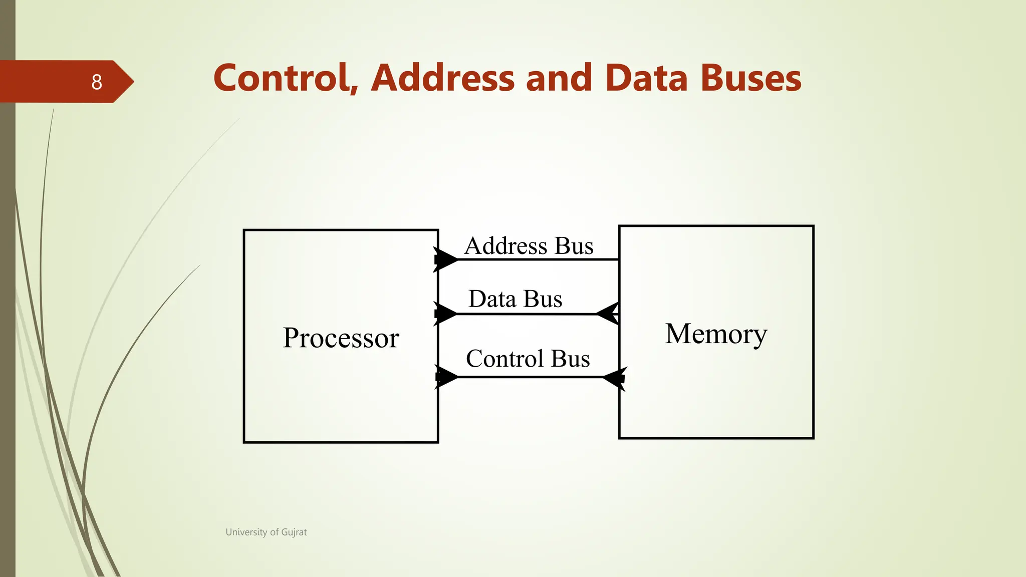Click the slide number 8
tap(97, 82)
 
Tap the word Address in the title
tap(443, 79)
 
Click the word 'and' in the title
tap(559, 79)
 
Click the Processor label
tap(341, 338)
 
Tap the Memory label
tap(716, 334)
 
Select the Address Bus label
tap(529, 246)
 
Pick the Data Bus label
tap(515, 299)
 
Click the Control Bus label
tap(528, 359)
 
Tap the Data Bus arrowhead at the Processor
tap(445, 314)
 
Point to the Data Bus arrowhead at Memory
tap(608, 314)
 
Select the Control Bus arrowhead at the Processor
tap(446, 377)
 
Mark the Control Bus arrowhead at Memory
tap(614, 378)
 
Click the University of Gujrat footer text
tap(266, 532)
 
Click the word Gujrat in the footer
tap(294, 532)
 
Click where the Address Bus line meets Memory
tap(619, 259)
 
